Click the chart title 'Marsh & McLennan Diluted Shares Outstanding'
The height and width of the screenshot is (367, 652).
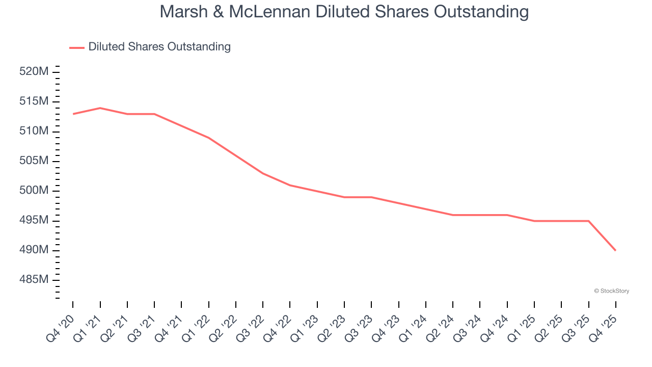point(344,11)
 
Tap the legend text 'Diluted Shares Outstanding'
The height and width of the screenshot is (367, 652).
point(159,47)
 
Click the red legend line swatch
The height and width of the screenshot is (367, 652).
point(76,47)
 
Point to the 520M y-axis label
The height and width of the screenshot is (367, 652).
point(34,72)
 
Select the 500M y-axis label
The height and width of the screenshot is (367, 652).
point(34,191)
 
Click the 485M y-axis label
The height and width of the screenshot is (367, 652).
point(34,280)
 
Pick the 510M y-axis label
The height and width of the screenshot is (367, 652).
point(34,131)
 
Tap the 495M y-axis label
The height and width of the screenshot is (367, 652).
point(34,220)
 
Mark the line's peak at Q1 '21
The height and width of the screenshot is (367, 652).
point(100,108)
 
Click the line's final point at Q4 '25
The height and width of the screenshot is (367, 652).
point(615,250)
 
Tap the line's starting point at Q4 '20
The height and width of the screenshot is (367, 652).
point(73,114)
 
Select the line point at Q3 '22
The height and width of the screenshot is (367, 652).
point(263,173)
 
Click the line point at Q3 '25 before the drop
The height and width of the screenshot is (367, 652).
point(588,221)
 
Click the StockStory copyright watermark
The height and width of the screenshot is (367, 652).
point(612,291)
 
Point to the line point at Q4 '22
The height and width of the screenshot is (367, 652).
point(290,185)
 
